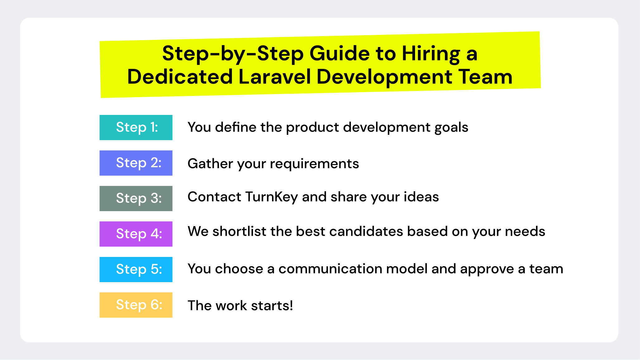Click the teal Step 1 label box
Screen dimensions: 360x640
click(x=136, y=127)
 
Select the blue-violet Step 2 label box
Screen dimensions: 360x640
click(x=136, y=163)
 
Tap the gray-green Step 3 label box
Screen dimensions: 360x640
click(x=136, y=198)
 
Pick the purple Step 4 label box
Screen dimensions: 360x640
click(x=136, y=234)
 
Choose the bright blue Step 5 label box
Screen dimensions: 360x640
click(x=136, y=269)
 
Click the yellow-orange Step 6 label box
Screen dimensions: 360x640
click(x=136, y=305)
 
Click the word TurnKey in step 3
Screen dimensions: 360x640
click(x=271, y=197)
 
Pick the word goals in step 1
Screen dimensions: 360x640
click(x=451, y=127)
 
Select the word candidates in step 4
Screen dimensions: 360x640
click(x=366, y=231)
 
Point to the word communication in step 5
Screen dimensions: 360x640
click(x=330, y=269)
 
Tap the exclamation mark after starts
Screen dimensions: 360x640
click(x=291, y=306)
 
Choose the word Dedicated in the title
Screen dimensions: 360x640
click(x=180, y=77)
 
